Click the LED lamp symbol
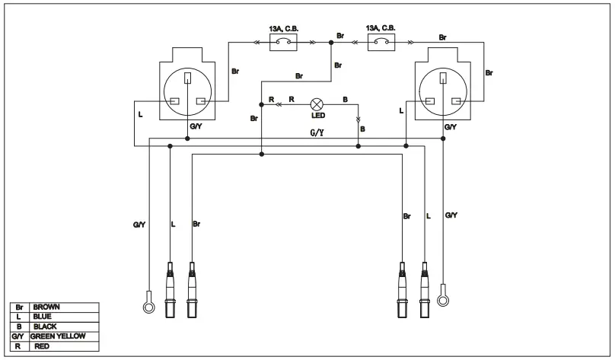(x=316, y=104)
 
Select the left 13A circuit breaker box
(x=283, y=42)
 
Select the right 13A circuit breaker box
(x=381, y=42)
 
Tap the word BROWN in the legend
(x=46, y=307)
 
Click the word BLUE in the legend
(x=42, y=317)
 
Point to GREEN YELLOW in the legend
(x=58, y=336)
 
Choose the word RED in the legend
(x=42, y=346)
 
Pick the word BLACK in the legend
(x=45, y=327)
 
